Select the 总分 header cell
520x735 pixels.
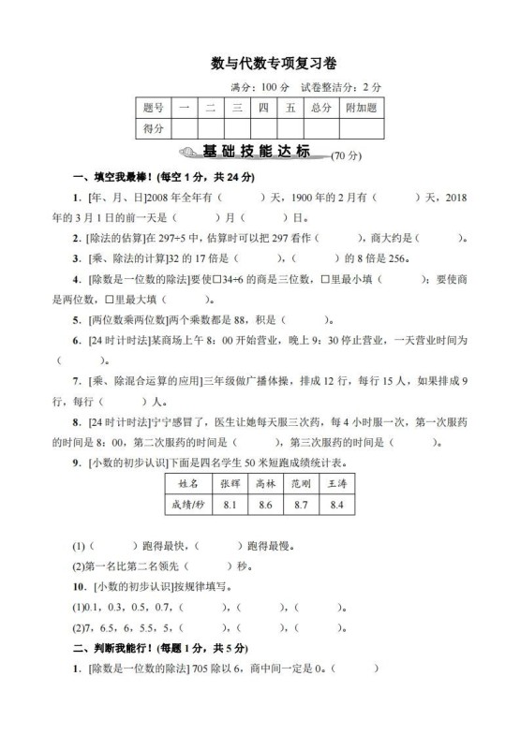tap(320, 108)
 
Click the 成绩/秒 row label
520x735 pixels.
tap(187, 506)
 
